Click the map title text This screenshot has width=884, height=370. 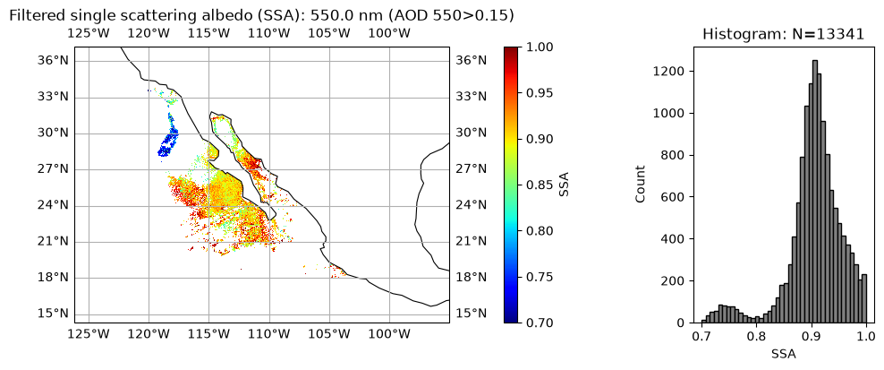262,16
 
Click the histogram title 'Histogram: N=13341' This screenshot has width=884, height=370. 783,34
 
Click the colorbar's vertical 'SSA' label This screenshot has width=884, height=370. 565,185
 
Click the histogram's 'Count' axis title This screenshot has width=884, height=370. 641,185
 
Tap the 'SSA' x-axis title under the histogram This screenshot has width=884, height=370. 784,355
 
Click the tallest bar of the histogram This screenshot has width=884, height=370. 814,192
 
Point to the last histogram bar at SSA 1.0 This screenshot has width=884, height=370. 864,299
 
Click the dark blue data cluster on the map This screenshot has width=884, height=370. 168,138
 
